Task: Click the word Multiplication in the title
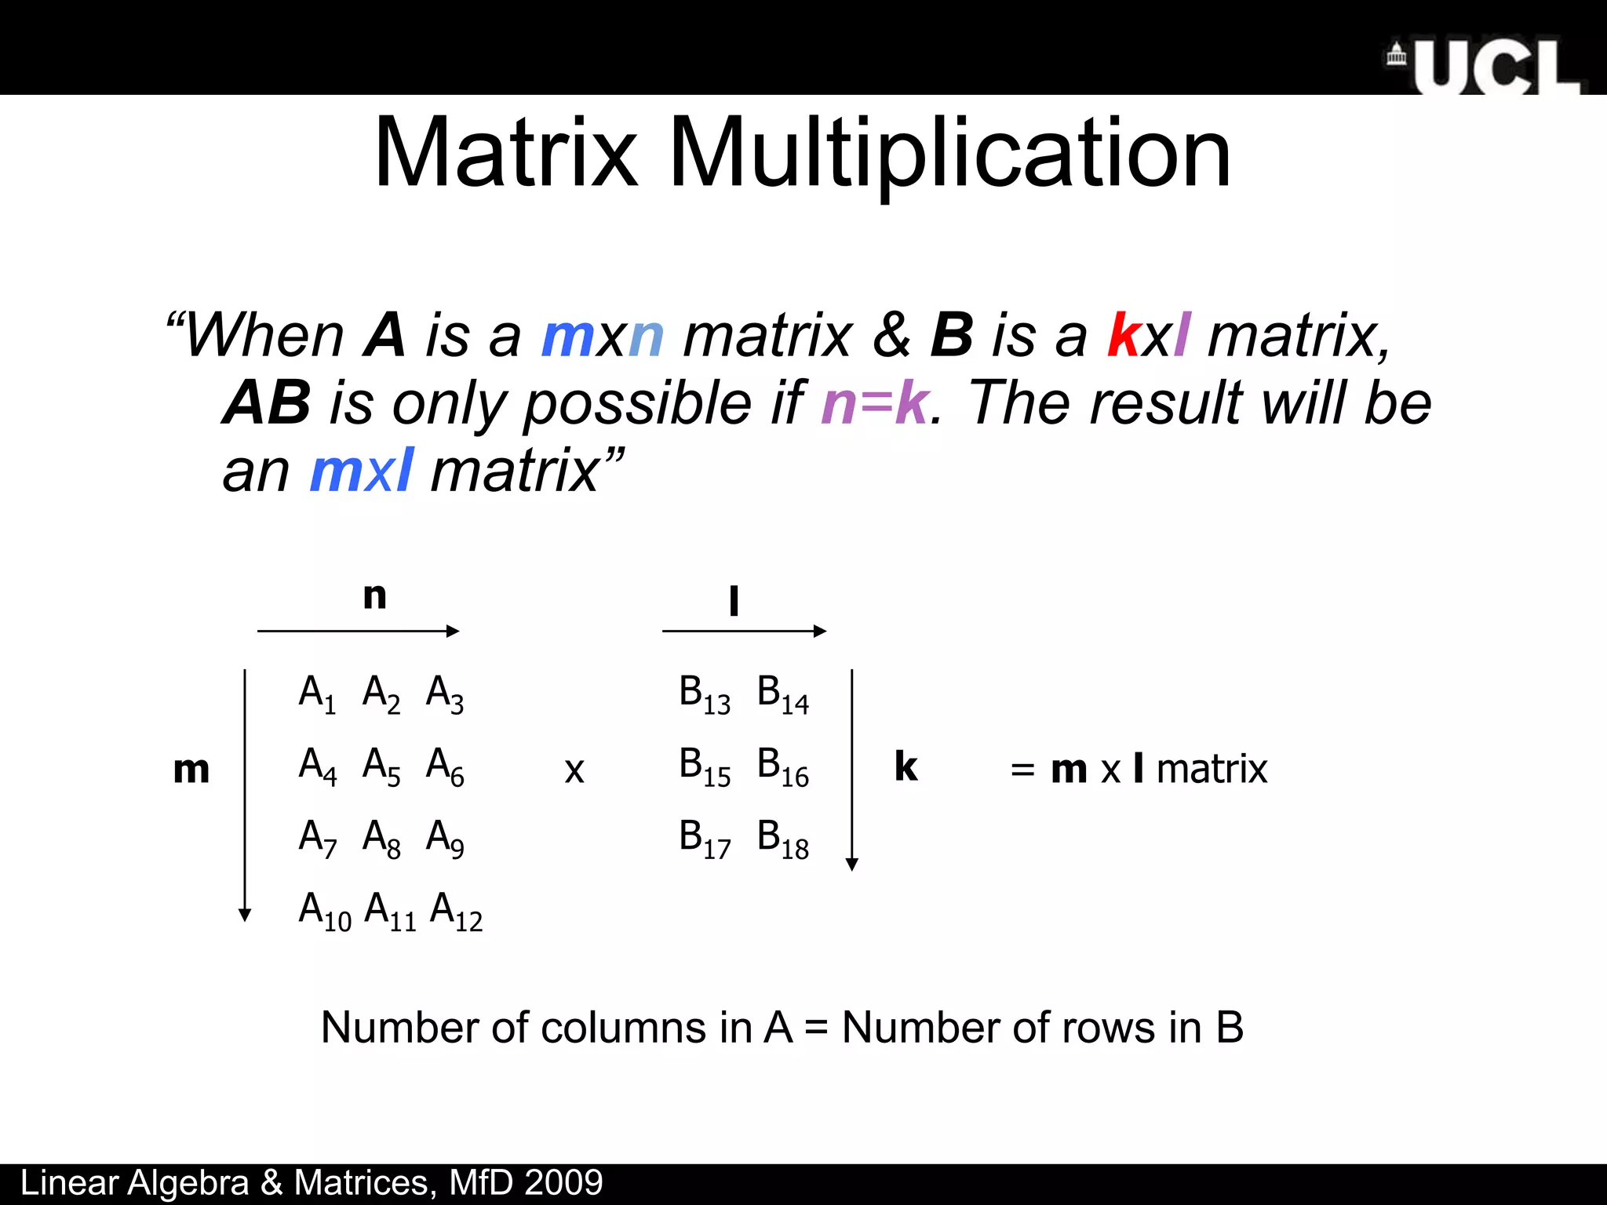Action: coord(949,153)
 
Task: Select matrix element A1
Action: coord(317,694)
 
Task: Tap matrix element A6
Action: coord(445,766)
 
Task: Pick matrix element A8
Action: coord(381,839)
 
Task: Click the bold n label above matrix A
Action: coord(375,596)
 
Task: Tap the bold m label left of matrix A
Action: coord(191,770)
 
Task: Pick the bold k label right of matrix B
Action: coord(906,766)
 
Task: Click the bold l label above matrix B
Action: coord(734,601)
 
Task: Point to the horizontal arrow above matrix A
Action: coord(358,631)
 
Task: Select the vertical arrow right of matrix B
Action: coord(852,769)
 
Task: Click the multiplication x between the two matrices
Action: coord(574,770)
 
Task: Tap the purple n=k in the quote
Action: coord(875,402)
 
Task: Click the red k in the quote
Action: coord(1123,335)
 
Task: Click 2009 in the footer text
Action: coord(563,1183)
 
